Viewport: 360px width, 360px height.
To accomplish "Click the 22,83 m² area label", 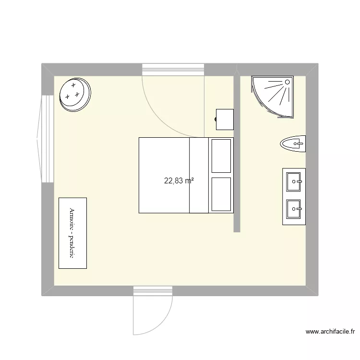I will coord(179,181).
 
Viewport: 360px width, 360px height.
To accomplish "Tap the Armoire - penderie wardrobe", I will coord(72,233).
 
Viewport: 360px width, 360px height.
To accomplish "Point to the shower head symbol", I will coord(288,82).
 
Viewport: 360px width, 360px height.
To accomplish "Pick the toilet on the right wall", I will coord(293,144).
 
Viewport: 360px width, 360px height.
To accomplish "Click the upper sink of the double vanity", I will coord(294,181).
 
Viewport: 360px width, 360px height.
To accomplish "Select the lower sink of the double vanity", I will coord(294,208).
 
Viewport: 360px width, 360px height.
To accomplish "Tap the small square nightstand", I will coord(225,120).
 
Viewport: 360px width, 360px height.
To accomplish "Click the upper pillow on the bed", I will coord(222,156).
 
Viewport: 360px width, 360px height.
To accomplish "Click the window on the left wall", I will coord(47,139).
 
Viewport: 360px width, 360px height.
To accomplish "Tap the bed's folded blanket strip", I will coord(199,175).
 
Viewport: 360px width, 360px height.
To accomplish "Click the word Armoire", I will coord(72,220).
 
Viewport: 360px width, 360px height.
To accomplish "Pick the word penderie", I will coord(72,247).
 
